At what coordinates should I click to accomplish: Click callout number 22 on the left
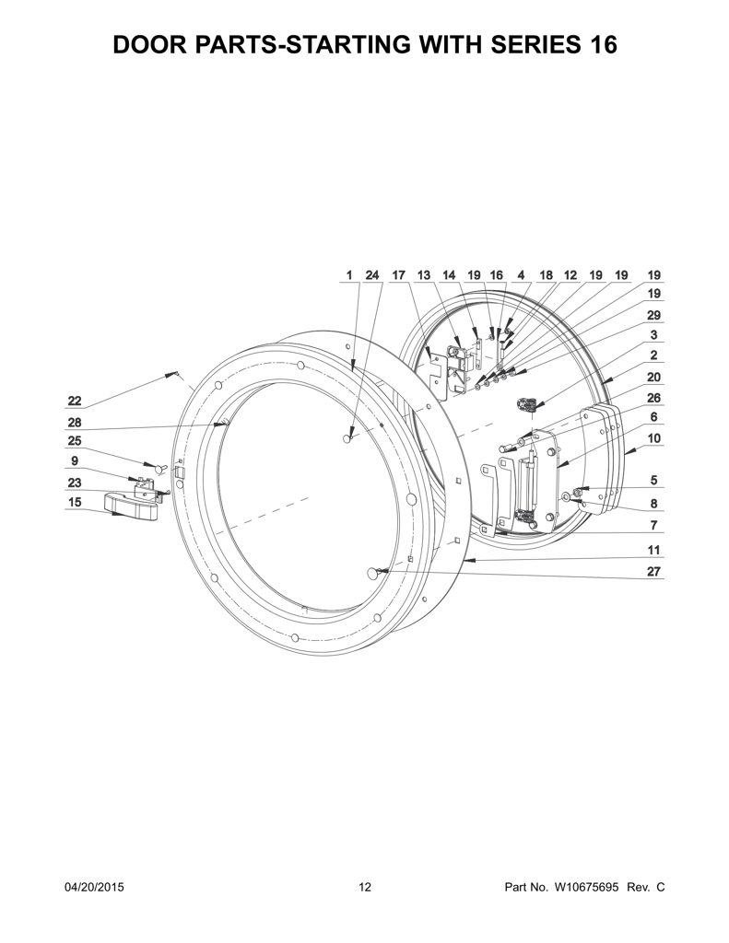click(x=74, y=402)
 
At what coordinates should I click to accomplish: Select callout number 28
click(x=74, y=423)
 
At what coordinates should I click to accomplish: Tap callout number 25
click(x=74, y=441)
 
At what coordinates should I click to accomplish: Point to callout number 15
click(x=74, y=502)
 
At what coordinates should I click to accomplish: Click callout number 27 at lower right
click(x=653, y=571)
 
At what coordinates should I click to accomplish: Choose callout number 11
click(x=653, y=550)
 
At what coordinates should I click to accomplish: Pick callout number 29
click(x=653, y=315)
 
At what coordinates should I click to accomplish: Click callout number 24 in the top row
click(x=372, y=274)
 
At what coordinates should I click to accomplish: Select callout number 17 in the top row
click(x=398, y=274)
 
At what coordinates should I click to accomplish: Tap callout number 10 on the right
click(x=653, y=438)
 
